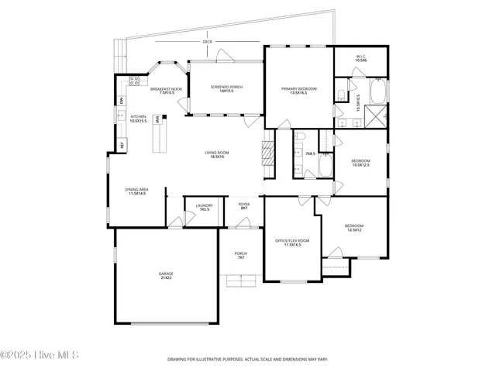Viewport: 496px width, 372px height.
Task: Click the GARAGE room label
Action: tap(166, 274)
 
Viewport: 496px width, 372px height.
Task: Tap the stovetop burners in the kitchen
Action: tap(133, 81)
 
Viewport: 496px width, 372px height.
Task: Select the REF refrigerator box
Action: tap(122, 144)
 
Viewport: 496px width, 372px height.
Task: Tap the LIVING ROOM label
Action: tap(215, 154)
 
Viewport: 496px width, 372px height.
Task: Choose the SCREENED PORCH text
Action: tap(226, 89)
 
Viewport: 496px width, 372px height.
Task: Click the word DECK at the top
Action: tap(207, 41)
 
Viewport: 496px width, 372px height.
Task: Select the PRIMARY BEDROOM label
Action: tap(298, 91)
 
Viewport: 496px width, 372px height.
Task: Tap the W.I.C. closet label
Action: tap(360, 57)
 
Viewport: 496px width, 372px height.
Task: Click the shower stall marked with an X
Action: tap(377, 116)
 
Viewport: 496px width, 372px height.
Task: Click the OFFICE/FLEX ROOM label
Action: tap(292, 243)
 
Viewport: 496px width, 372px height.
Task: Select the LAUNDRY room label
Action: tap(204, 207)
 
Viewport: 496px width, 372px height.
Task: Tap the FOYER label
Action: tap(243, 207)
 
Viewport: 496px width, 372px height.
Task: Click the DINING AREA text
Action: tap(137, 191)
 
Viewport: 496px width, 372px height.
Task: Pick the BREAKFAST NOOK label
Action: tap(166, 91)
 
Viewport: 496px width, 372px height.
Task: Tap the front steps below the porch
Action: tap(240, 281)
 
